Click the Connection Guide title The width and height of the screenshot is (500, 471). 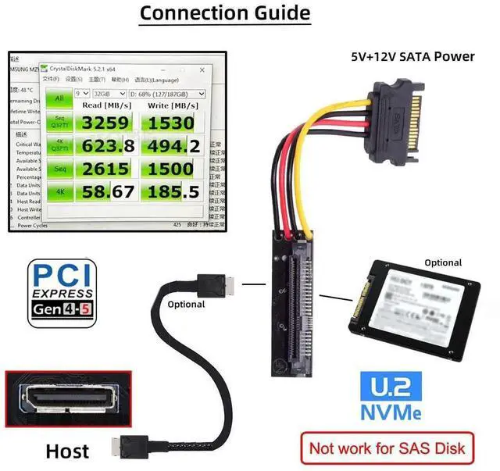pyautogui.click(x=224, y=13)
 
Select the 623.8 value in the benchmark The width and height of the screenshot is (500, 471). pyautogui.click(x=107, y=146)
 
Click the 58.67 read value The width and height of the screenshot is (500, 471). pyautogui.click(x=107, y=191)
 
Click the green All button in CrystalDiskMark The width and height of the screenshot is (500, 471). pyautogui.click(x=58, y=98)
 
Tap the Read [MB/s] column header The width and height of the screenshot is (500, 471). pyautogui.click(x=107, y=105)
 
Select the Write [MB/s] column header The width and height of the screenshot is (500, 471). pyautogui.click(x=173, y=105)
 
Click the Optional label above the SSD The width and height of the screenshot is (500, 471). pyautogui.click(x=443, y=262)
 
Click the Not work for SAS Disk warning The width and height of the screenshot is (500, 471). pyautogui.click(x=387, y=448)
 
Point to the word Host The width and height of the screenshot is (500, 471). pyautogui.click(x=67, y=451)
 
